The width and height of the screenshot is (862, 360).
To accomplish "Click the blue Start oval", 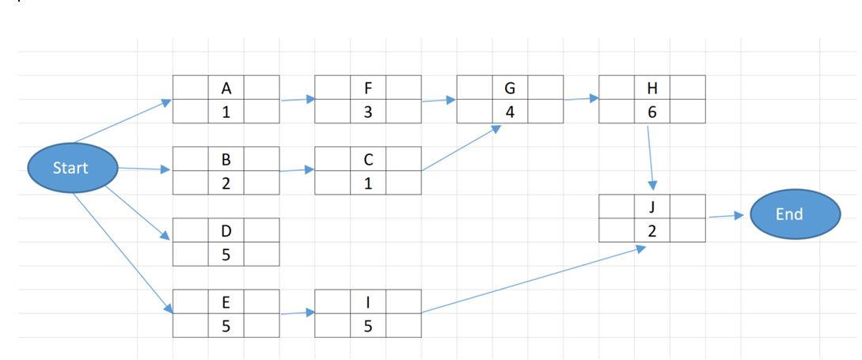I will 71,168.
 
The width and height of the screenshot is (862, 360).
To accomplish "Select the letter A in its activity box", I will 226,87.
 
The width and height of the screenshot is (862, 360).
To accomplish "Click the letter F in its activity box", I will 368,87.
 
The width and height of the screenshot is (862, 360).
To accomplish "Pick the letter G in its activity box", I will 510,87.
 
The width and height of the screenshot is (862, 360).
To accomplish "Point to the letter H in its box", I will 652,87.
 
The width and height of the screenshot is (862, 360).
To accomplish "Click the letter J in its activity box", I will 652,207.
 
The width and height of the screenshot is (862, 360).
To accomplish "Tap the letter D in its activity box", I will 226,230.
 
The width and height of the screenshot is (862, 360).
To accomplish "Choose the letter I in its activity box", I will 368,301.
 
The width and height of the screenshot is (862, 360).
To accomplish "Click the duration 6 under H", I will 652,112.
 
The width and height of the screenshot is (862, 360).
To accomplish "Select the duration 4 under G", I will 510,112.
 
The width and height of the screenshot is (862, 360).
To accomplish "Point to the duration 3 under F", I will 368,112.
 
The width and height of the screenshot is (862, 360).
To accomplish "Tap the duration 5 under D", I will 226,255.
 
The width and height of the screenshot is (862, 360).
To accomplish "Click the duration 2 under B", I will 226,183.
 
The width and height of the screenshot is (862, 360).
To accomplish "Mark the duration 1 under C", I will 368,183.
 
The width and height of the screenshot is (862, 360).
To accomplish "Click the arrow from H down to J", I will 651,157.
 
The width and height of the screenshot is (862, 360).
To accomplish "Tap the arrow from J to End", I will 725,216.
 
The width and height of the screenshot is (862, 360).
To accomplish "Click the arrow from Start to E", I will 123,253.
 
